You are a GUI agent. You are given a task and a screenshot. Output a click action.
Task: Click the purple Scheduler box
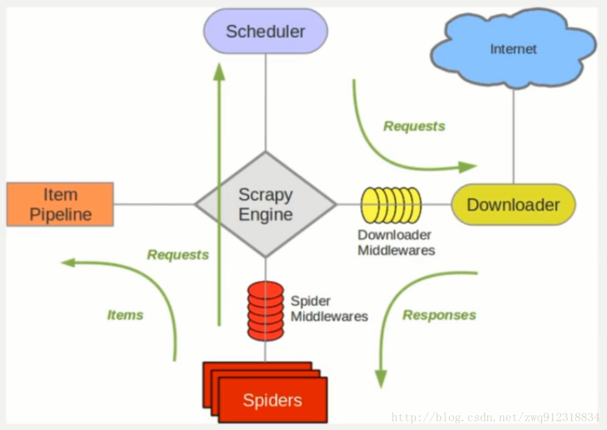click(x=266, y=31)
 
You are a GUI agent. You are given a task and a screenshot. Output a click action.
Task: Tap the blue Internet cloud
click(x=513, y=49)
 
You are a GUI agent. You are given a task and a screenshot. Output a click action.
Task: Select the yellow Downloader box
click(x=513, y=205)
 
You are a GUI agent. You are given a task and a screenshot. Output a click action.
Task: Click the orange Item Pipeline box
click(x=61, y=204)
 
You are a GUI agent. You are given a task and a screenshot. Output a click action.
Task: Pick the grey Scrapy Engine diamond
click(x=266, y=204)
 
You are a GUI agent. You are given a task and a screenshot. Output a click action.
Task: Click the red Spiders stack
click(x=266, y=392)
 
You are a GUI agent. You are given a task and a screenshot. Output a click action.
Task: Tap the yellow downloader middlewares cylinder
click(x=391, y=205)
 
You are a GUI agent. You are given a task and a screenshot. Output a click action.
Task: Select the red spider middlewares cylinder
click(x=266, y=311)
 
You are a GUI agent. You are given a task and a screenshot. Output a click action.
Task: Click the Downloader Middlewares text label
click(x=396, y=242)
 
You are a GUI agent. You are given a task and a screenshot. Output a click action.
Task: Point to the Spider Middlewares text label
click(x=329, y=309)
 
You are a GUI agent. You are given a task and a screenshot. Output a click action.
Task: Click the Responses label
click(x=439, y=315)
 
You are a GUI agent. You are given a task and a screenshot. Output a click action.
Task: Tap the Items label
click(x=125, y=315)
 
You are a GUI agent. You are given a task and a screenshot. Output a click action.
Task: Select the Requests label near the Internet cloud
click(x=414, y=126)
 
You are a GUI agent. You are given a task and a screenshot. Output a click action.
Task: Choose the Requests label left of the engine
click(x=178, y=254)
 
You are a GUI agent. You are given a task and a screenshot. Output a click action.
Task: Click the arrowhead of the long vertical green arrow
click(x=219, y=71)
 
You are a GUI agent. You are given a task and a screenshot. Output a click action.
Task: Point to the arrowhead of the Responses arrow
click(x=381, y=379)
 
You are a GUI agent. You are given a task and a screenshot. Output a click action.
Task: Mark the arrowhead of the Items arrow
click(x=69, y=263)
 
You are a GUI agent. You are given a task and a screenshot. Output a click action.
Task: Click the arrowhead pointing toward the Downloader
click(x=467, y=167)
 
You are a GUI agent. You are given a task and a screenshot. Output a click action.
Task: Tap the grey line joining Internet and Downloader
click(x=513, y=136)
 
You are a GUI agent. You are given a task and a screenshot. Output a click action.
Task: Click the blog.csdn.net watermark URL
click(x=496, y=417)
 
